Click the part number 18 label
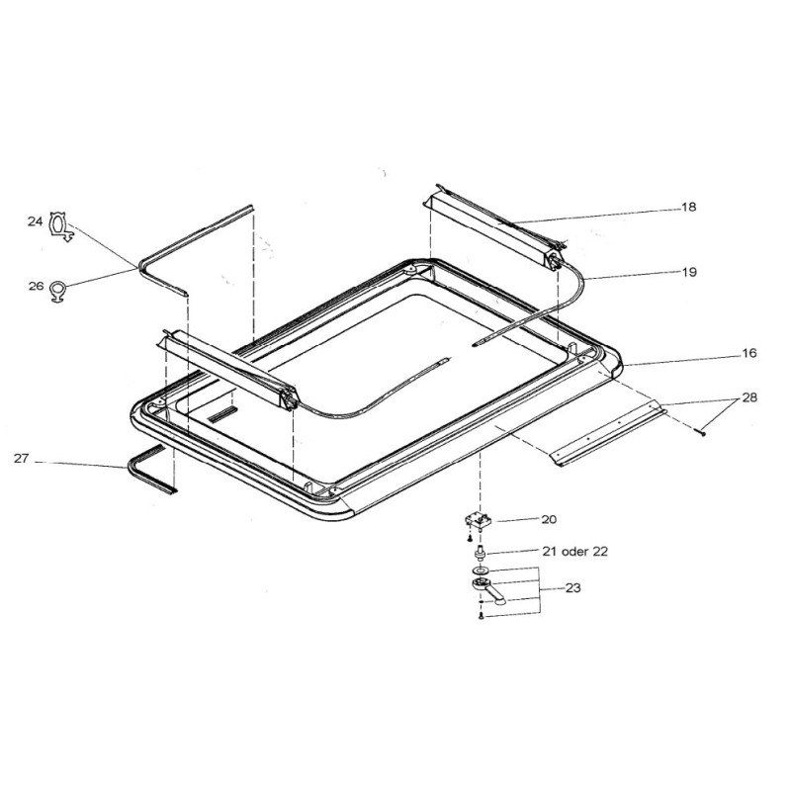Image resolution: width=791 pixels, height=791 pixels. coord(688,208)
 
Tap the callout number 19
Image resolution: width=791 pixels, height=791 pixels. coord(688,272)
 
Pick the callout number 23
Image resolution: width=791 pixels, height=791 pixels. coord(572,587)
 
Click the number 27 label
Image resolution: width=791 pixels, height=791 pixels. coord(23,458)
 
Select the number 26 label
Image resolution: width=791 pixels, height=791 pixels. coord(36,286)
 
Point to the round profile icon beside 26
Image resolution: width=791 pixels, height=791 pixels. coord(60,290)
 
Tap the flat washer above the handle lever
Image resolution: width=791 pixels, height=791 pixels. coord(480,571)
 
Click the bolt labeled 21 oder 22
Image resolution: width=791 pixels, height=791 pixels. coord(480,550)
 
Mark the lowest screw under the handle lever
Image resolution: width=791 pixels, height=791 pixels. coord(480,617)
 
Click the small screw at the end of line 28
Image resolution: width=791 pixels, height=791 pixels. coord(700,427)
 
